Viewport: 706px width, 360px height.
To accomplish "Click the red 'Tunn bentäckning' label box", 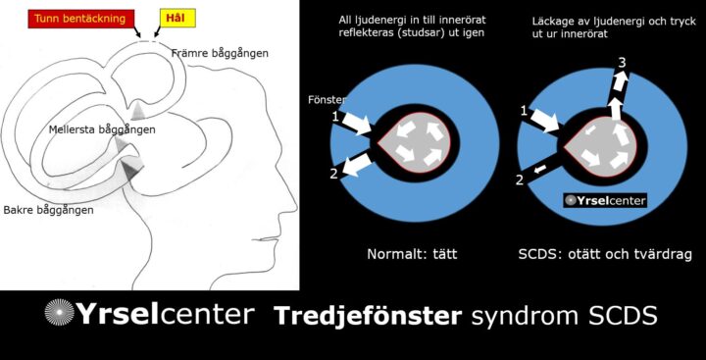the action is [75, 18].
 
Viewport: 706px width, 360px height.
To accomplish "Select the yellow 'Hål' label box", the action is [175, 18].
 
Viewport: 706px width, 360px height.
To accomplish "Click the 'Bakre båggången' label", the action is [48, 210].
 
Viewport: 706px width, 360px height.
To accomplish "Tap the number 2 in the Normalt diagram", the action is [333, 175].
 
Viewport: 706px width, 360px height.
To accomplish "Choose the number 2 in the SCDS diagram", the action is [519, 180].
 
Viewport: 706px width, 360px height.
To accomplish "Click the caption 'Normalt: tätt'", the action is [413, 253].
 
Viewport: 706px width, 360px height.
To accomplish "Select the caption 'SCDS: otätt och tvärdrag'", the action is [605, 253].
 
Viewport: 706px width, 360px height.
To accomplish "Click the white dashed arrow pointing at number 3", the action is [619, 98].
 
